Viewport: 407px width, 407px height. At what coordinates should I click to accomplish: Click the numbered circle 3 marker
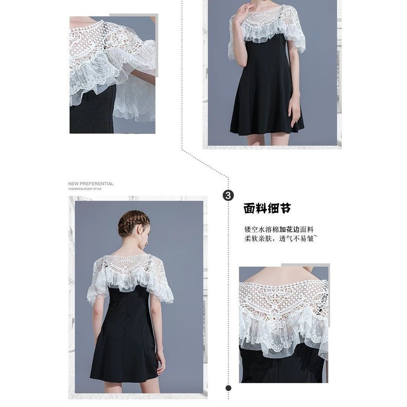[x=228, y=195]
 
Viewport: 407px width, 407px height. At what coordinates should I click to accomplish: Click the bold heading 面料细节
[x=267, y=208]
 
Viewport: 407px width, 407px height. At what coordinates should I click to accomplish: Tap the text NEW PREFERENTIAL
[x=91, y=184]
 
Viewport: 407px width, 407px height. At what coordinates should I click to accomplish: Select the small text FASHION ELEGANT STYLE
[x=85, y=189]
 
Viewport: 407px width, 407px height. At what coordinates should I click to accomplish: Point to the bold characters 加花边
[x=289, y=229]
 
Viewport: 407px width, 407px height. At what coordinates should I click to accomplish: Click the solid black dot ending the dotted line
[x=229, y=388]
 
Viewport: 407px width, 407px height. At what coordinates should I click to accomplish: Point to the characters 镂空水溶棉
[x=262, y=229]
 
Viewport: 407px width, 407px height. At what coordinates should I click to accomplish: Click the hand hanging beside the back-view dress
[x=161, y=359]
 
